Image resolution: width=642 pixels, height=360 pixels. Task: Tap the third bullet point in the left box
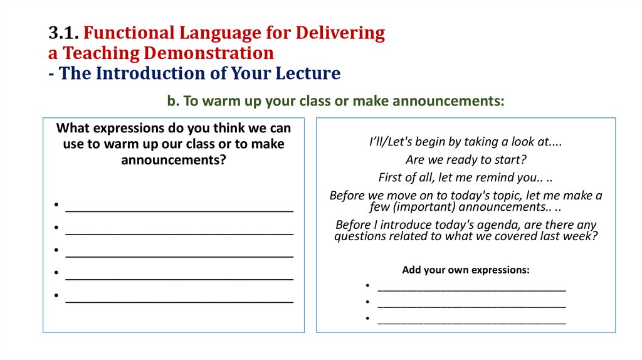[x=56, y=251]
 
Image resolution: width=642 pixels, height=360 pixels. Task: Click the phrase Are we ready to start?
[x=465, y=159]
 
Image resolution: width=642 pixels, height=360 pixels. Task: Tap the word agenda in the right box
[x=495, y=225]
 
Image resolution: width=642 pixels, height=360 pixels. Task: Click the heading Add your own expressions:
[x=465, y=270]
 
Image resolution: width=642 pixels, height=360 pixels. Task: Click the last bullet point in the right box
[x=367, y=319]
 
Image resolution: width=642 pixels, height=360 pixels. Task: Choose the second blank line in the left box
[x=179, y=230]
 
